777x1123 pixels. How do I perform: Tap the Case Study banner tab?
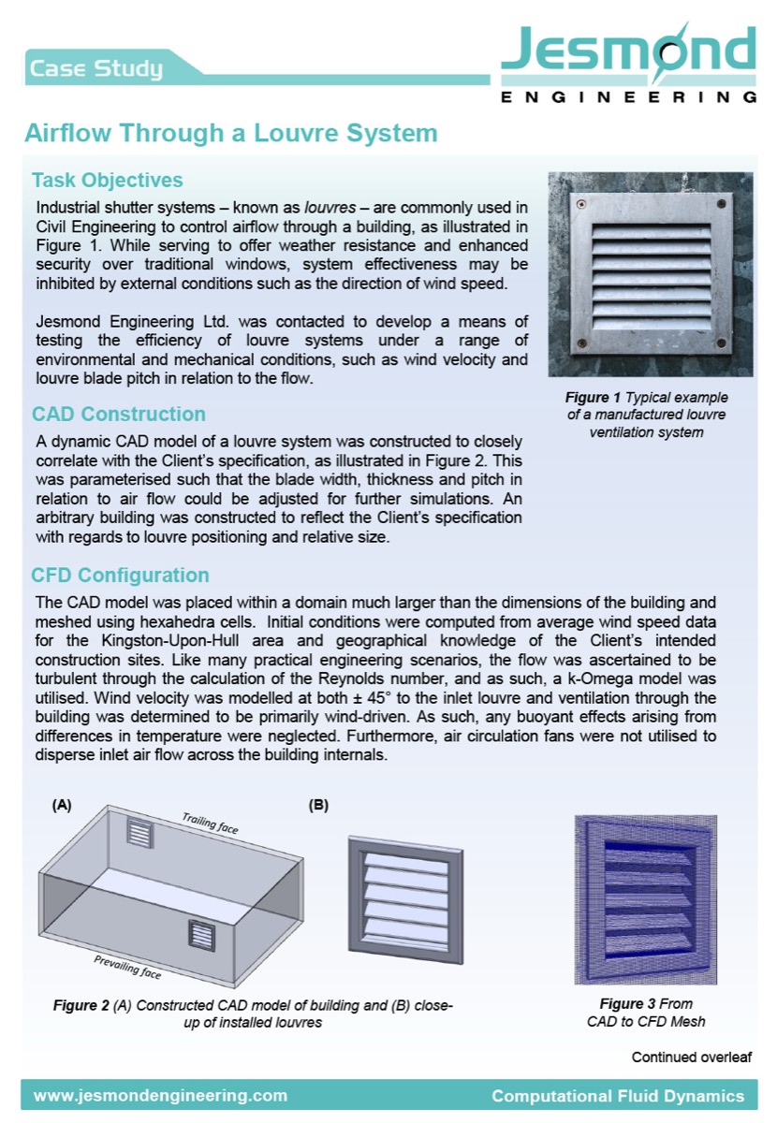coord(96,68)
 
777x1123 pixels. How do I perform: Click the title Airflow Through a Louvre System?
coord(230,133)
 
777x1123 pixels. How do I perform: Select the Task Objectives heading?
coord(107,180)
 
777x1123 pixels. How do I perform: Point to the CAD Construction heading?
coord(119,414)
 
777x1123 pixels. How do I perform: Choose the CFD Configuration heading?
coord(120,575)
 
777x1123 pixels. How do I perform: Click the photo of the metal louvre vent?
coord(650,274)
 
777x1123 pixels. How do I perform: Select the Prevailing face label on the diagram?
coord(126,966)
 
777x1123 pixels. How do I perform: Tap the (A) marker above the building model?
coord(62,805)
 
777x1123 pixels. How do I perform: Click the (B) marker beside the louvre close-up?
coord(319,805)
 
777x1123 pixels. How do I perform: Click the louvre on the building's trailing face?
coord(139,832)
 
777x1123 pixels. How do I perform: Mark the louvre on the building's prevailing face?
coord(202,934)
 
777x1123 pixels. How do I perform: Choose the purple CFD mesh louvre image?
coord(650,899)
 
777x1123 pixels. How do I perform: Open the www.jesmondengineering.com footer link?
coord(160,1096)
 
